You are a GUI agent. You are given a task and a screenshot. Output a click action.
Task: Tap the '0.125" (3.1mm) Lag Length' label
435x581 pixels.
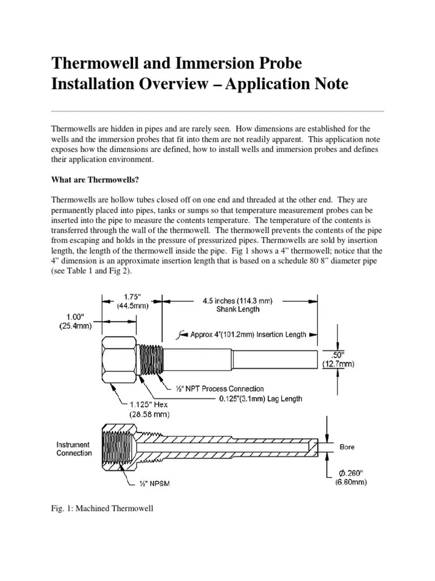point(261,398)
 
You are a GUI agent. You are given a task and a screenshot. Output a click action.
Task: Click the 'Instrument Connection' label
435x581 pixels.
point(74,449)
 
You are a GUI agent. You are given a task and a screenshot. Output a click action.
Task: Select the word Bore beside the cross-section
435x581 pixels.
point(347,447)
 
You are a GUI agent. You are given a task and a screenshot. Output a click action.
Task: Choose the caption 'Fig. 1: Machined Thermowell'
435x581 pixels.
point(102,508)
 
